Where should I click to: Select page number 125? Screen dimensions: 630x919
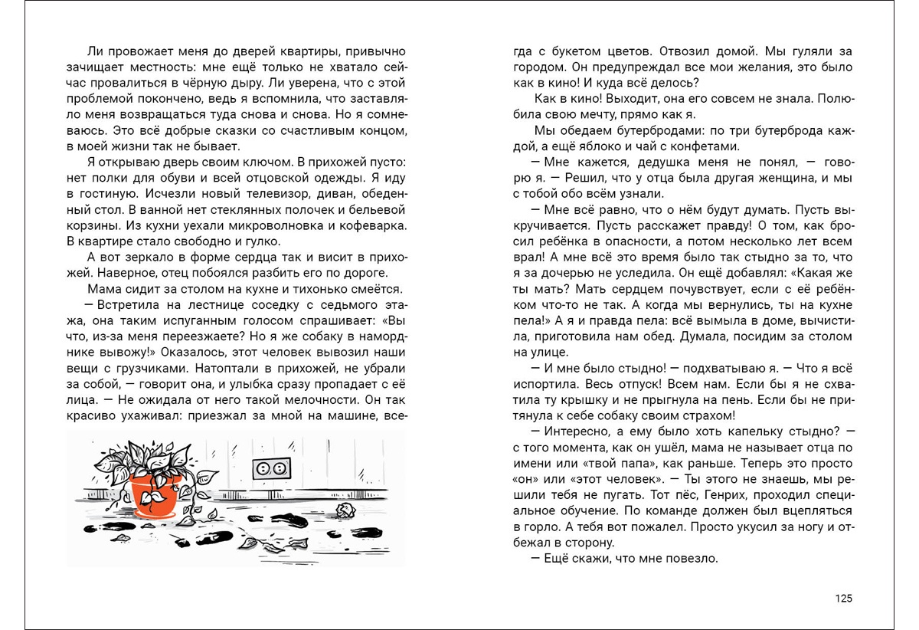click(842, 599)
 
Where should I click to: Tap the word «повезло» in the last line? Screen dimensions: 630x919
click(690, 558)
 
